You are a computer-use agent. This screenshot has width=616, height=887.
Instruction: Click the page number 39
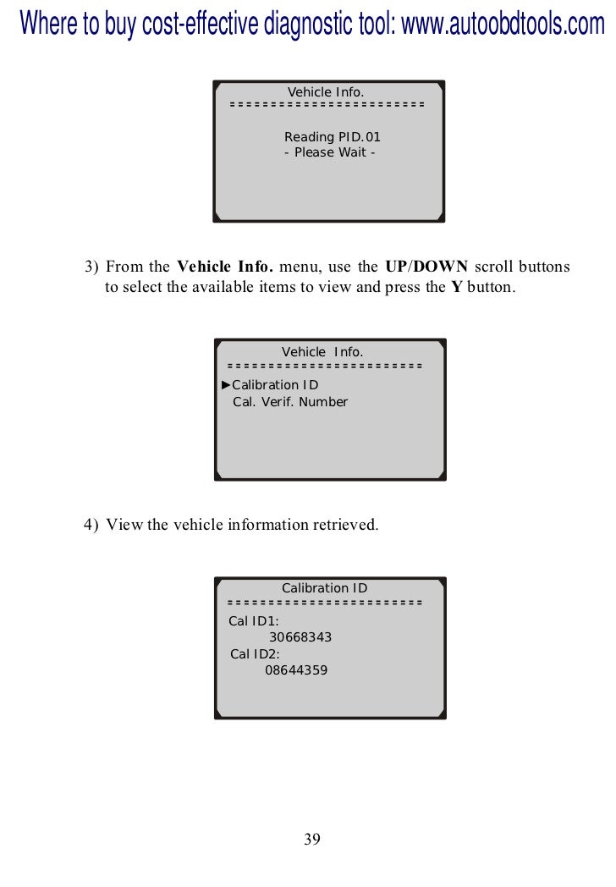[x=311, y=840]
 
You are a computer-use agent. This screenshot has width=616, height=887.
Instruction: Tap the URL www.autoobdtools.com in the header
[x=503, y=25]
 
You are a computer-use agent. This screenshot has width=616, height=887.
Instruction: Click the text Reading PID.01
[x=327, y=137]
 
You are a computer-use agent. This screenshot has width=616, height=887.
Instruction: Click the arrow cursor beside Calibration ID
[x=226, y=385]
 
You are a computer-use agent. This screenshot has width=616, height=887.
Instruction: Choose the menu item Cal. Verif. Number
[x=289, y=402]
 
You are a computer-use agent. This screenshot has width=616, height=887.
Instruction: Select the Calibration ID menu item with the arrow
[x=275, y=385]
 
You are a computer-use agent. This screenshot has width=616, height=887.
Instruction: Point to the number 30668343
[x=300, y=637]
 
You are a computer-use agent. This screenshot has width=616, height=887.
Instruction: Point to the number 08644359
[x=296, y=669]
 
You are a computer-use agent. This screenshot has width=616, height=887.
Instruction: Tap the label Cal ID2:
[x=255, y=653]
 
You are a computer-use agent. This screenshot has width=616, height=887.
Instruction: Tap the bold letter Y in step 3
[x=456, y=287]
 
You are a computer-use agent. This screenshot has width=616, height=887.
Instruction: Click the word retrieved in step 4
[x=346, y=525]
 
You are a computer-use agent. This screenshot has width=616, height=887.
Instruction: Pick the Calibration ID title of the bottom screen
[x=324, y=588]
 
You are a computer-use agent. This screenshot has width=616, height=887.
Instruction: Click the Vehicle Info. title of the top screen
[x=326, y=91]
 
